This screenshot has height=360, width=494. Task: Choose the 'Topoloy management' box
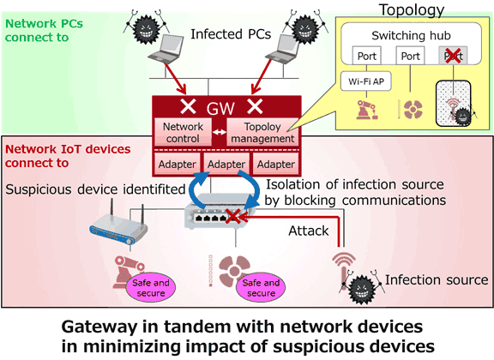coord(261,131)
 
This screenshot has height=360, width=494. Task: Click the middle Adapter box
coord(227,163)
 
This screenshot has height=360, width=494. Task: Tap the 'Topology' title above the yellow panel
coord(420,9)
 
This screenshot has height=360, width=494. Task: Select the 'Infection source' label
coord(437,280)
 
